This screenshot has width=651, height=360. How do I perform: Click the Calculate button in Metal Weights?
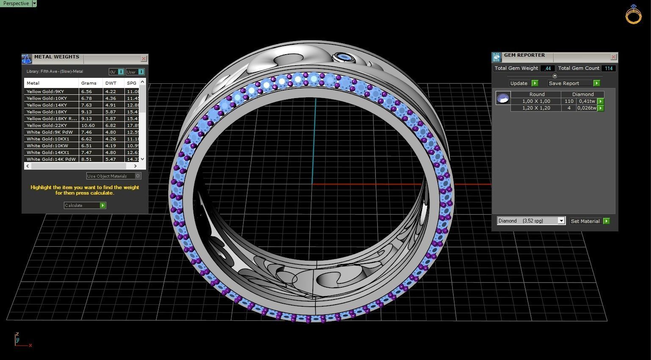point(85,205)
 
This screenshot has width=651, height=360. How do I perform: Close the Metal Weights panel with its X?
point(143,58)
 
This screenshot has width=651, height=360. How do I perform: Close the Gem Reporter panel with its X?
point(613,57)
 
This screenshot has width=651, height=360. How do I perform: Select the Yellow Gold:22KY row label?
point(47,125)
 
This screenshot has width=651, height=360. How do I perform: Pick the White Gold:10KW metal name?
point(45,146)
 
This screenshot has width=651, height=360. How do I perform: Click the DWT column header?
point(111,83)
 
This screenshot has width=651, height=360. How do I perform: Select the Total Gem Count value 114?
point(609,68)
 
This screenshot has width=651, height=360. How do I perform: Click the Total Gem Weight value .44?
point(548,68)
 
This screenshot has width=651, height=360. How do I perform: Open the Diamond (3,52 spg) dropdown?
point(531,221)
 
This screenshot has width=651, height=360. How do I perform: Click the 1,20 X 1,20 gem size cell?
point(536,108)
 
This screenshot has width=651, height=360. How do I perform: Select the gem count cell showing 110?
point(568,101)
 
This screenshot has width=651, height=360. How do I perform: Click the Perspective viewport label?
point(16,3)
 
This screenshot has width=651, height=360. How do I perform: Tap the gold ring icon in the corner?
point(633,14)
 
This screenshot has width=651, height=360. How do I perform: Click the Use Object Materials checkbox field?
point(113,176)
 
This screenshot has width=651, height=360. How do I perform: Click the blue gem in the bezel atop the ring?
point(344,57)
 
